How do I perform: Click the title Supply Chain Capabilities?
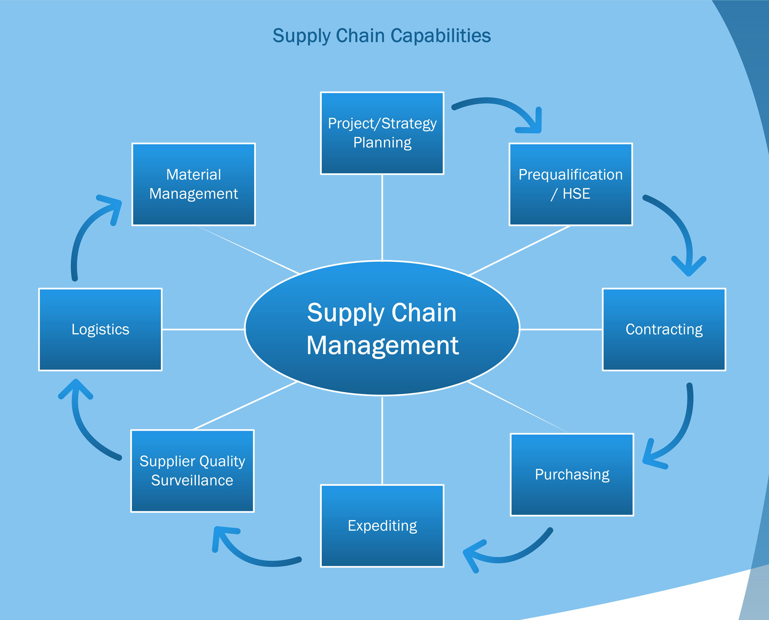coord(382,36)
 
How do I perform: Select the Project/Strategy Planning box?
coord(382,133)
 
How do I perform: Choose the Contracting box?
coord(663,329)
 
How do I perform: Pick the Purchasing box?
coord(572,475)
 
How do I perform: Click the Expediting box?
coord(382,526)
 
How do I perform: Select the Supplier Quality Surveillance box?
coord(192,471)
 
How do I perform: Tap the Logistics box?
coord(100,329)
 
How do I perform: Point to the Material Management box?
coord(194,184)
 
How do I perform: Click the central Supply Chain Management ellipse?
coord(382,328)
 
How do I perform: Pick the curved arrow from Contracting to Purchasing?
coord(684,428)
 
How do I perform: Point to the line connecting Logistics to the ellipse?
coord(203,329)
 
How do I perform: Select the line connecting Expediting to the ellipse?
coord(382,440)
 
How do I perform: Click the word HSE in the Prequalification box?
coord(576,194)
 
